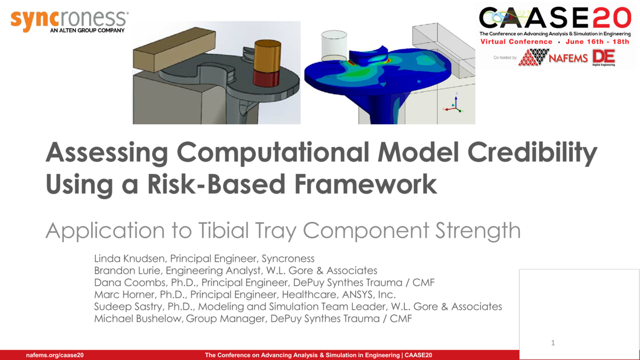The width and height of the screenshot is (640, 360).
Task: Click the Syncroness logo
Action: [69, 20]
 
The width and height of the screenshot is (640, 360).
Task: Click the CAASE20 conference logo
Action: [555, 19]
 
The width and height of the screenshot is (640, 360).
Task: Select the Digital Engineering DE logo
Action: [604, 58]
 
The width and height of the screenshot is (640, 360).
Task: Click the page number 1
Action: [553, 343]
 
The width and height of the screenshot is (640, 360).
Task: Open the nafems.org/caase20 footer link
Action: [55, 355]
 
